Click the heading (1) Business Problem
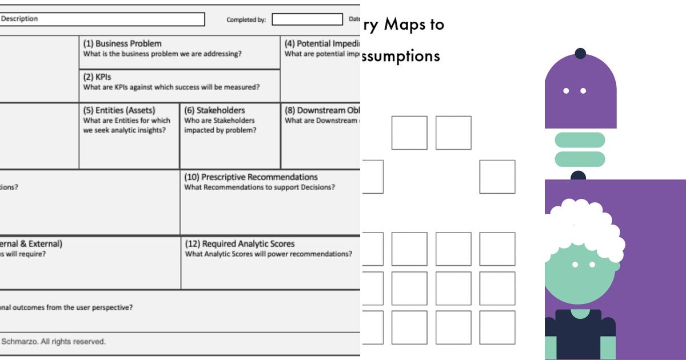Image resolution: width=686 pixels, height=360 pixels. pos(122,43)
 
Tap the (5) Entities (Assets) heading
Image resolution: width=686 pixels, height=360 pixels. pos(119,110)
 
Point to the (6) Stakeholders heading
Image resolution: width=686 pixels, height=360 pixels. pos(214,110)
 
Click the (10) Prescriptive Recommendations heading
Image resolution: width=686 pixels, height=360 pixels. pos(251,177)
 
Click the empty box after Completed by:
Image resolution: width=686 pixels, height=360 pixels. pos(306,19)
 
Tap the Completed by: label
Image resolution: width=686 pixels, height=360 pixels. pos(246,20)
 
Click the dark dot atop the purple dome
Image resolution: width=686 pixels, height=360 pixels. pos(580,53)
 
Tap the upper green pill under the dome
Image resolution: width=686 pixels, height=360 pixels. pos(580,139)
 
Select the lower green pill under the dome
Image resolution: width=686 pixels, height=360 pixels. pos(580,159)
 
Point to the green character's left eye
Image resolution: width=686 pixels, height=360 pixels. pos(576,264)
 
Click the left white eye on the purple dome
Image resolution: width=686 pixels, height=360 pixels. pos(566,91)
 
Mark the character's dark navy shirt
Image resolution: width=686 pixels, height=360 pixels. pos(579,337)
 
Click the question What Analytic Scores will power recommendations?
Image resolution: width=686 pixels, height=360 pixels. pos(268,254)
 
